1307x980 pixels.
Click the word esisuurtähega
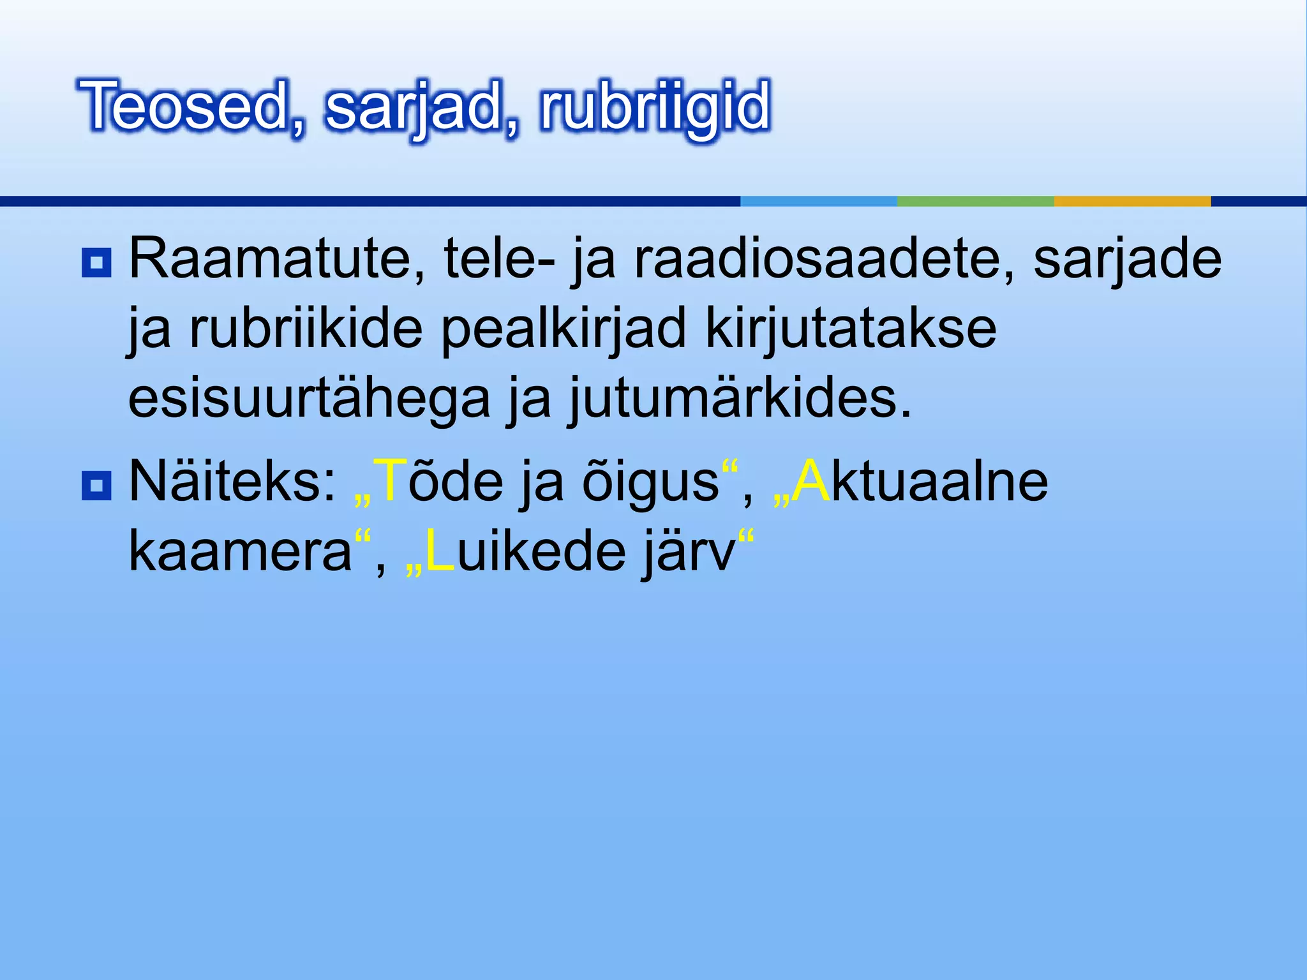coord(309,399)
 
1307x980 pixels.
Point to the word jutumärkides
coord(740,399)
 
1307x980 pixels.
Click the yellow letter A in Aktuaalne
coord(812,482)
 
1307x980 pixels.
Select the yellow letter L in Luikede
coord(440,551)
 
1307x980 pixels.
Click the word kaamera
coord(240,553)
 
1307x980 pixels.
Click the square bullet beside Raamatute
coord(96,262)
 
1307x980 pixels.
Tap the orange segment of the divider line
coord(1132,201)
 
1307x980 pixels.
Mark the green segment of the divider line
coord(975,201)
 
